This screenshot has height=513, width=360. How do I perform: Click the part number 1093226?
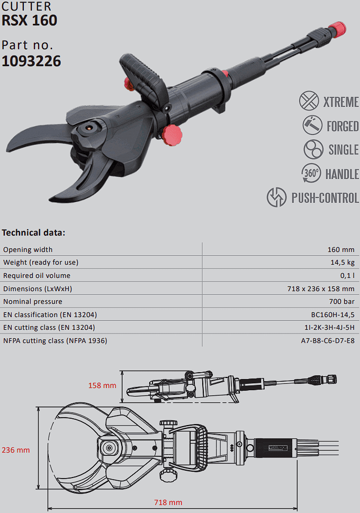click(x=31, y=61)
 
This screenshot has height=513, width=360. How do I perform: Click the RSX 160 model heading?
click(x=29, y=21)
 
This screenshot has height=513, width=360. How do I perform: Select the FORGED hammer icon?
click(x=311, y=125)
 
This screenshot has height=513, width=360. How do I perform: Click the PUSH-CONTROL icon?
click(x=276, y=197)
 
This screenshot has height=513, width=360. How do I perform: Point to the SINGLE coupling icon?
click(x=313, y=149)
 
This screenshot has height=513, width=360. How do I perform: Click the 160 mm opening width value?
click(x=341, y=249)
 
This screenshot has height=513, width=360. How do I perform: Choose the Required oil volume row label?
click(x=37, y=275)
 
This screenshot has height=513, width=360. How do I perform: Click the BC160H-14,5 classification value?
click(x=332, y=314)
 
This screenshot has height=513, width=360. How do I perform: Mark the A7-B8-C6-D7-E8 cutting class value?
click(x=328, y=340)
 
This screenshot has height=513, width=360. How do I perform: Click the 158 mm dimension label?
click(x=102, y=385)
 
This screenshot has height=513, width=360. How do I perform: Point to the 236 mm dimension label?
click(x=16, y=450)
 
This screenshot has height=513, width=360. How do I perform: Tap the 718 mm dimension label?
click(x=168, y=502)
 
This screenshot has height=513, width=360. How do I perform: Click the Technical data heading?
click(x=33, y=232)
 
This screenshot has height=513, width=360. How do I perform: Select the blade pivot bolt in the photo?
click(x=88, y=128)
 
